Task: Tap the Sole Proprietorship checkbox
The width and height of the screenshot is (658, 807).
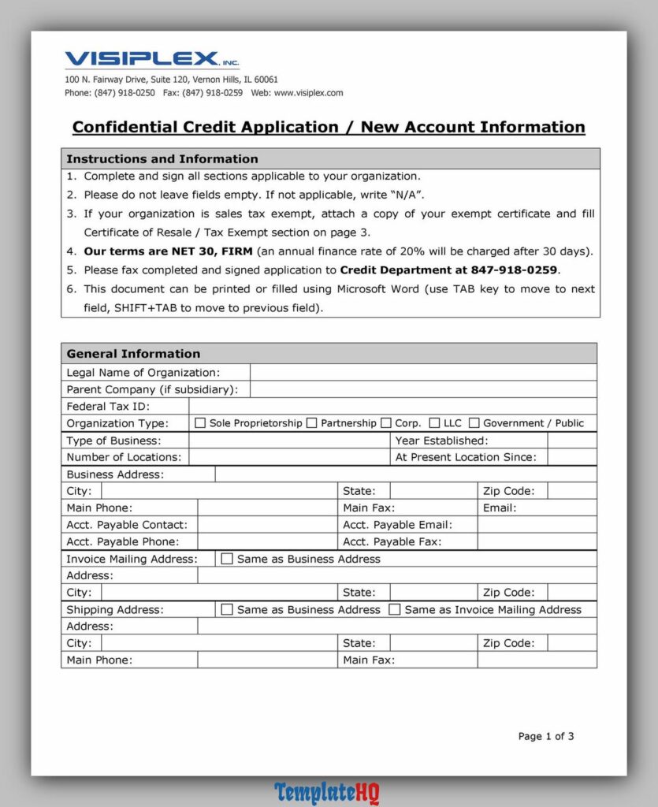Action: coord(200,423)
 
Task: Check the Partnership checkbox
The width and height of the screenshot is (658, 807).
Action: coord(312,423)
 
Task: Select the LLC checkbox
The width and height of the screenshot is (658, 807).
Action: coord(434,423)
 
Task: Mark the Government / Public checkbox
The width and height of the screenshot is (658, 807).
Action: coord(474,423)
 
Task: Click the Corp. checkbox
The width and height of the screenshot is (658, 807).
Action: coord(386,423)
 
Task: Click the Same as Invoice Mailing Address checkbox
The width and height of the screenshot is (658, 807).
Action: coord(395,609)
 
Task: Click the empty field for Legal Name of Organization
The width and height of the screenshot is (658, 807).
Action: coord(422,373)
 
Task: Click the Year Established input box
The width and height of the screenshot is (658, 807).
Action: coord(571,441)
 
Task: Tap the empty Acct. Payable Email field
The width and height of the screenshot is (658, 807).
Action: coord(537,525)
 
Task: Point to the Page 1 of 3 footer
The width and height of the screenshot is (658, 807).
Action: coord(545,736)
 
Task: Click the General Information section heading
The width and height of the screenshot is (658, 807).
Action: coord(133,354)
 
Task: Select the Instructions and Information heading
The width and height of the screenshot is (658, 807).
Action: coord(162,159)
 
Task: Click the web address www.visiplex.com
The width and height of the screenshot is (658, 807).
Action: coord(308,93)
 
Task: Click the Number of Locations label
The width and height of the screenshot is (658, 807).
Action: coord(123,457)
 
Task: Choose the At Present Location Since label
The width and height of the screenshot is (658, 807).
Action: coord(465,457)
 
